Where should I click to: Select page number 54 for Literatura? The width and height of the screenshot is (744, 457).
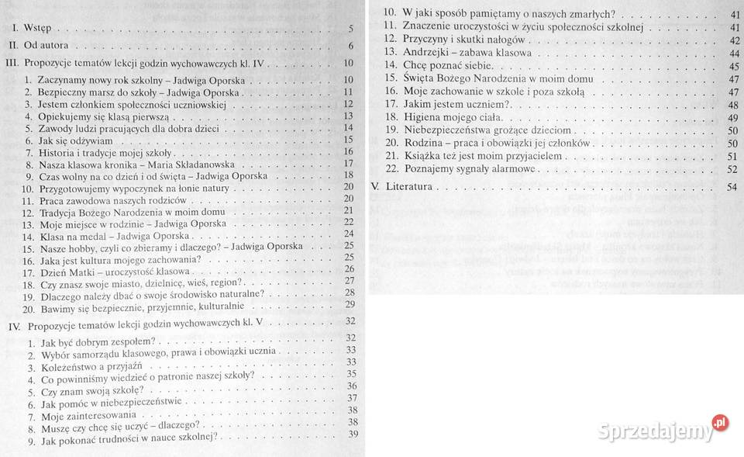point(732,187)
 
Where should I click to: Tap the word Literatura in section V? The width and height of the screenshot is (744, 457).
point(408,187)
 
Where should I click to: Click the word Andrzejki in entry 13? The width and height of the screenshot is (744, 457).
point(425,53)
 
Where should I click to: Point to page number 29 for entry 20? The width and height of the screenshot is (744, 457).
point(349,305)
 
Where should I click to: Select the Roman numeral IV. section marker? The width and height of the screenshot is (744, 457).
point(13,323)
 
